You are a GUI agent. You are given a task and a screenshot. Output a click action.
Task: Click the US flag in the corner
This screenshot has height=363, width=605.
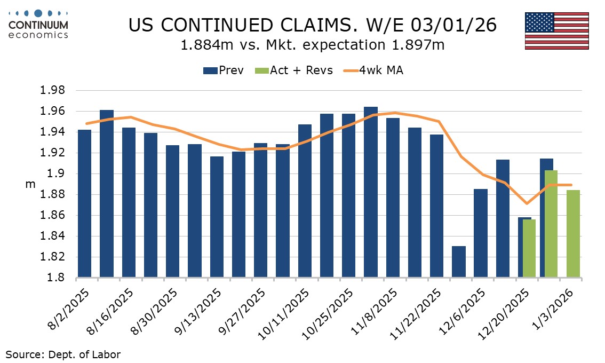(x=556, y=30)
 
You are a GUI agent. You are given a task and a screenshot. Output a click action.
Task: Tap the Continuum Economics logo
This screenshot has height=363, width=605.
(x=38, y=24)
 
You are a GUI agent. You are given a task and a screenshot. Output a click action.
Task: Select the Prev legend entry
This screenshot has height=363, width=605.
(x=223, y=70)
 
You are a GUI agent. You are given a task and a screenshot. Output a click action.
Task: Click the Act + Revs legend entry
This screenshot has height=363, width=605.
(x=294, y=70)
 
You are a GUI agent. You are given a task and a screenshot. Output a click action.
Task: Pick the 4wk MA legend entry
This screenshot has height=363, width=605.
(x=373, y=70)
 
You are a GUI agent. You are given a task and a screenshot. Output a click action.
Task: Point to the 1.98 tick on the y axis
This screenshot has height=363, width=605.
(x=52, y=90)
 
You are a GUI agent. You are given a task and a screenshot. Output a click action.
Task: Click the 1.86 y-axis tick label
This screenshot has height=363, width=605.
(x=52, y=215)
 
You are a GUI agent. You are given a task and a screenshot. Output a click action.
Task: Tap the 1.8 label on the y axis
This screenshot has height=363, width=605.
(x=57, y=278)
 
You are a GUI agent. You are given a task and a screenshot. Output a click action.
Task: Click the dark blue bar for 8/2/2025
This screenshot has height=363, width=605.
(x=84, y=203)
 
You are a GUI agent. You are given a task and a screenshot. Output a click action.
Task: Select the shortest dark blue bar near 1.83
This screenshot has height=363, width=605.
(x=459, y=262)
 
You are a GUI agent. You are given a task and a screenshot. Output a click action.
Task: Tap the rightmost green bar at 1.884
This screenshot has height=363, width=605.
(x=573, y=234)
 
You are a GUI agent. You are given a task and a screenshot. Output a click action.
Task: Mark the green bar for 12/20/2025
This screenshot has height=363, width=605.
(x=529, y=248)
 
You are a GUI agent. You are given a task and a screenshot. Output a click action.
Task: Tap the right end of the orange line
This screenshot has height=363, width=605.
(x=571, y=185)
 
